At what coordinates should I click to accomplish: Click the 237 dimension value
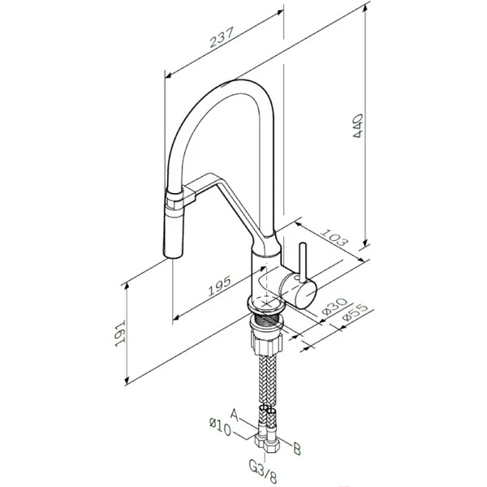click(x=221, y=37)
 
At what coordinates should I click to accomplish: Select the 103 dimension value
click(x=333, y=238)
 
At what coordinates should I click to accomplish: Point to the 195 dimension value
click(x=219, y=286)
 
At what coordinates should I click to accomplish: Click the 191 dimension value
click(x=119, y=333)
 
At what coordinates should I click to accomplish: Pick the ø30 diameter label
click(x=334, y=307)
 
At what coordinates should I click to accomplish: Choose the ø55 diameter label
click(x=355, y=313)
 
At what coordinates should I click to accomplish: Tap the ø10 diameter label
click(x=220, y=427)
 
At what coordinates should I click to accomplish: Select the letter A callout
click(x=235, y=415)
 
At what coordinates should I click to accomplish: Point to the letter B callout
click(x=297, y=449)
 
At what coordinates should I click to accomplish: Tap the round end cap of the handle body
click(x=305, y=293)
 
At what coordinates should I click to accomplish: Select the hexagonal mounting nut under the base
click(x=267, y=344)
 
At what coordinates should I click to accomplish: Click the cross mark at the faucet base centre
click(x=266, y=303)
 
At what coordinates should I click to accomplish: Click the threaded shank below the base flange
click(x=266, y=319)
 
